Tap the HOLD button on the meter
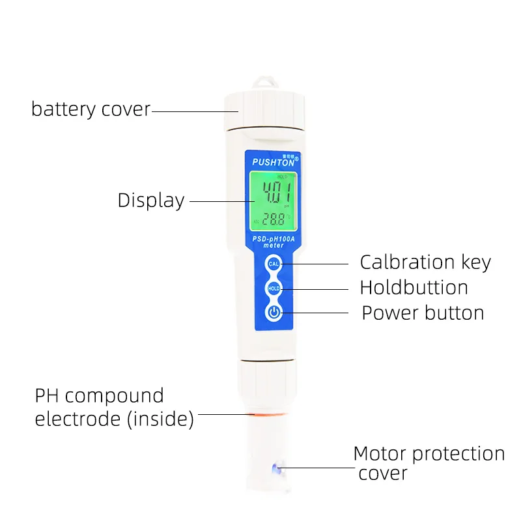(274, 288)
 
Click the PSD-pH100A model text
(274, 239)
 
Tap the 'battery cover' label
(91, 109)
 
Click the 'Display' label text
(151, 201)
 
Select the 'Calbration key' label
(425, 262)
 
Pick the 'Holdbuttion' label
(414, 288)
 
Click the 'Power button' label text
(423, 313)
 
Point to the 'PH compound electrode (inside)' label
(114, 407)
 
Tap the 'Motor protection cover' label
(429, 462)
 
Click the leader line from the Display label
(218, 201)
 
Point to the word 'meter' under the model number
(274, 246)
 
